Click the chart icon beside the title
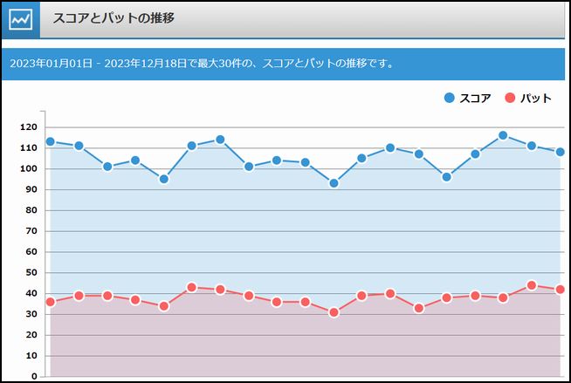(20, 19)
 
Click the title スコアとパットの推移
(114, 18)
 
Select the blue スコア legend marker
(450, 98)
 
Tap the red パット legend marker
(511, 98)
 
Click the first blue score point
(51, 141)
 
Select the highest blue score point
(503, 135)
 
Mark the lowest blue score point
(334, 183)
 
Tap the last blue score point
(560, 152)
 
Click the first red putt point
(51, 302)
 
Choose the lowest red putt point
(334, 312)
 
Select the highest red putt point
(532, 285)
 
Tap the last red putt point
(560, 290)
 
